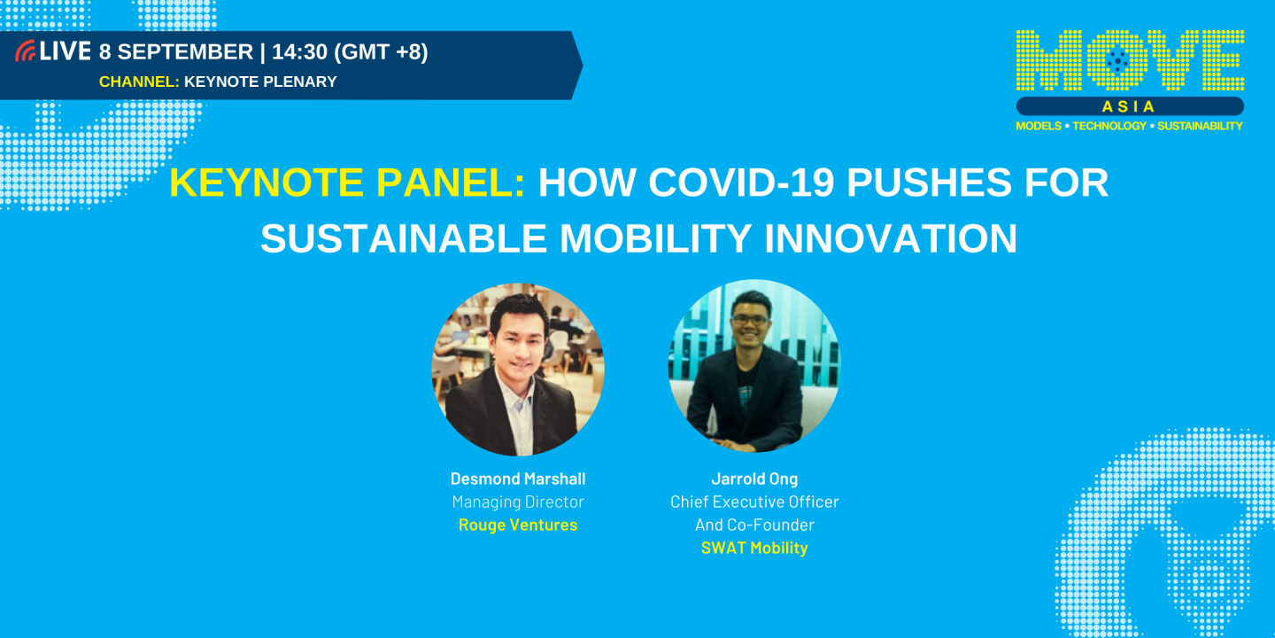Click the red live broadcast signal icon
coord(26,52)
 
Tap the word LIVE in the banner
coord(66,52)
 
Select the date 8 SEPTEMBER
coord(176,52)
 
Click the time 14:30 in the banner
coord(299,52)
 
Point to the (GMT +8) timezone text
coord(381,52)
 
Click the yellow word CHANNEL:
coord(139,82)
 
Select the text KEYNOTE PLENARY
coord(260,82)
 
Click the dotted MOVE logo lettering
coord(1130,59)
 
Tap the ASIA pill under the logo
coord(1130,106)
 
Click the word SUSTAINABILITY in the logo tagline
coord(1200,126)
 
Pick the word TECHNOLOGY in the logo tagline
coord(1109,126)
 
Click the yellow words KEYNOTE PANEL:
coord(347,183)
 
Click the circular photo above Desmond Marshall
coord(518,370)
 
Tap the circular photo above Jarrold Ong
coord(753,366)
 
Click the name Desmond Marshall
coord(518,478)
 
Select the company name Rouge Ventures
coord(518,525)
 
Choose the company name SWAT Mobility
coord(754,548)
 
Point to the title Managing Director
coord(518,502)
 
